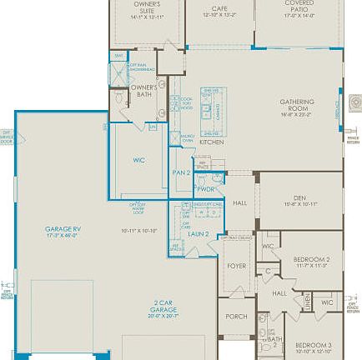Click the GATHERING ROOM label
coord(297,105)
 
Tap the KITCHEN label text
coord(211,142)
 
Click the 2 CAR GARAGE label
coord(163,305)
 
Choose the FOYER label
coord(237,266)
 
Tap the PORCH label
coord(237,317)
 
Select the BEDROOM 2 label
coord(311,259)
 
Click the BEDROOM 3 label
coord(313,344)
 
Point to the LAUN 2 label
coord(197,234)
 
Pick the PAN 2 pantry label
coord(182,172)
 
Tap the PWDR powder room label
coord(206,189)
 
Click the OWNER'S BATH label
coord(143,90)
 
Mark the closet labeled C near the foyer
coord(268,272)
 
